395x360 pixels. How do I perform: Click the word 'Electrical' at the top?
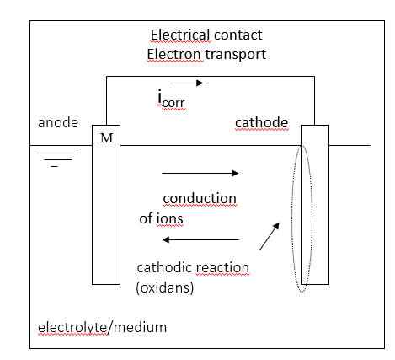(180, 35)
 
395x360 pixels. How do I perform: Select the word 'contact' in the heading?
(238, 35)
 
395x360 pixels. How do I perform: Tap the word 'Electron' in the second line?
(174, 54)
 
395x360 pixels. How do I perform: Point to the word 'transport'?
(236, 55)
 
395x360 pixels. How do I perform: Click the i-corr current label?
(171, 99)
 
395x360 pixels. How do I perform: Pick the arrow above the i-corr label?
(186, 83)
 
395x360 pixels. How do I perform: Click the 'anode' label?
(58, 123)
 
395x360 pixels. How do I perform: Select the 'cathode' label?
(262, 122)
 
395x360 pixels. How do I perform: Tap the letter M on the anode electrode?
(107, 138)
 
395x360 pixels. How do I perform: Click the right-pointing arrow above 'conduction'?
(200, 173)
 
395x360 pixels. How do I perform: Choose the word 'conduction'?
(200, 199)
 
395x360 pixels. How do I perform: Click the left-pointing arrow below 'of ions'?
(200, 239)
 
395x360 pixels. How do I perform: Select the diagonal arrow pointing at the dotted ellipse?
(270, 236)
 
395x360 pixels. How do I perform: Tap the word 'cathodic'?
(165, 267)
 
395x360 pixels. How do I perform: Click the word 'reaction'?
(222, 268)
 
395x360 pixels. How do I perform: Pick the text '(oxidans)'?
(165, 287)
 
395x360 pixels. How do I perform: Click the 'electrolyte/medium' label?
(102, 328)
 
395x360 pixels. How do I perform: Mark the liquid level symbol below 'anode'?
(57, 159)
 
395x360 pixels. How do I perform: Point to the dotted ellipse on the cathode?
(292, 218)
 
